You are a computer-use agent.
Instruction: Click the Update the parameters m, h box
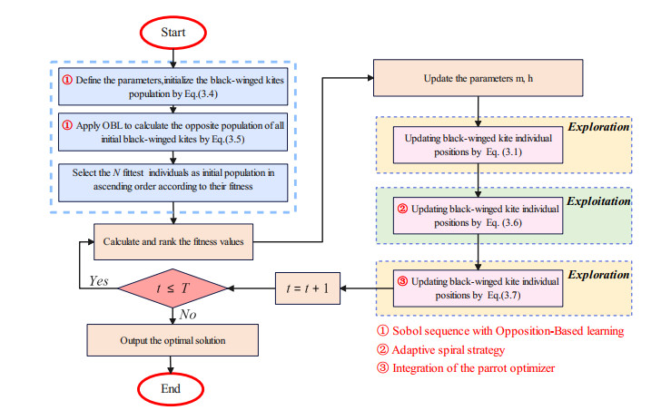point(479,80)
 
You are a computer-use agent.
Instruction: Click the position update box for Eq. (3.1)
point(479,145)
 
